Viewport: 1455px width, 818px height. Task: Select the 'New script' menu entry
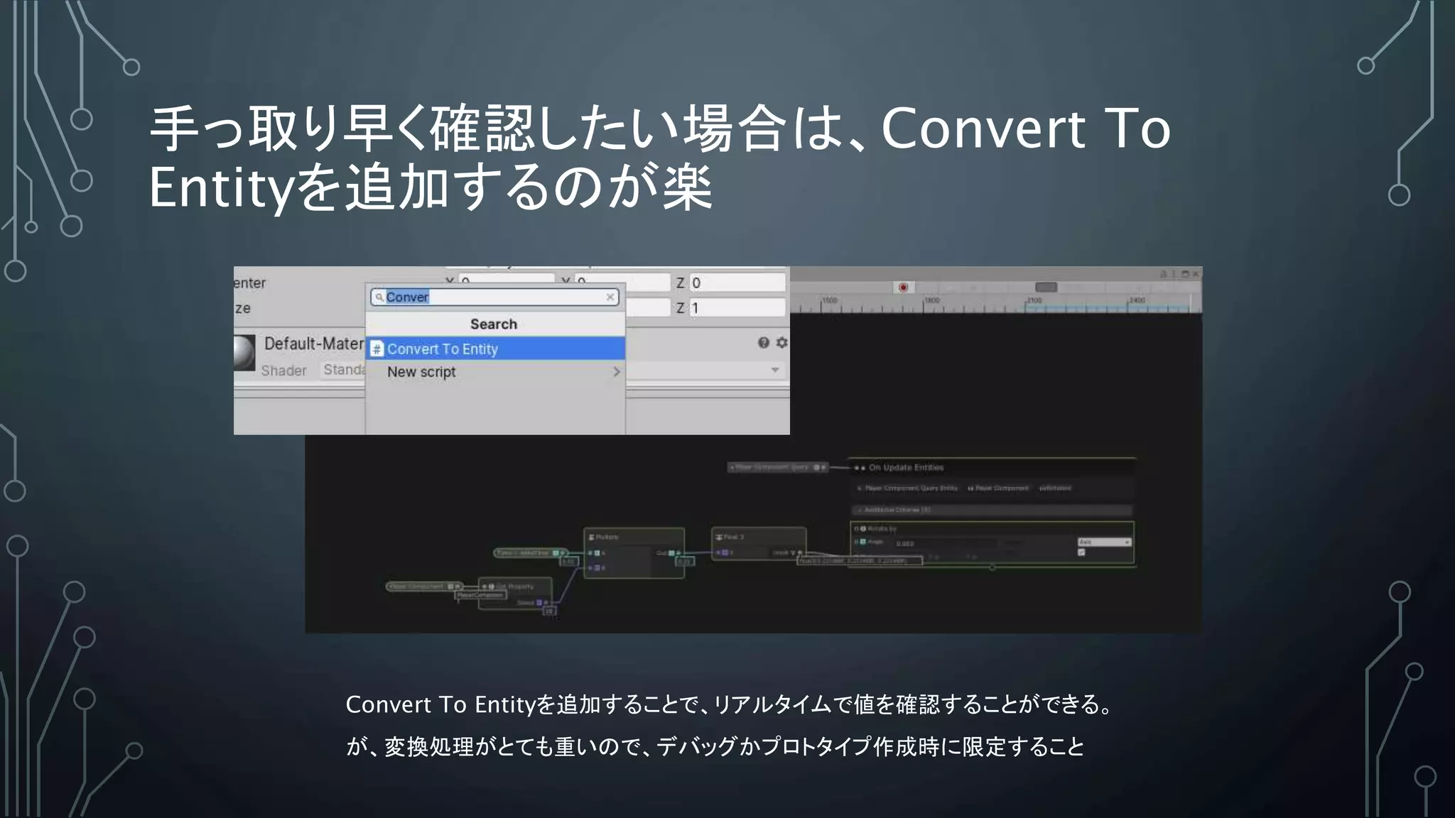click(421, 372)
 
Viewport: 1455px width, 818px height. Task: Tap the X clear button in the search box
click(610, 297)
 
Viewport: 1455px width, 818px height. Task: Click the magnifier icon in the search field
click(379, 297)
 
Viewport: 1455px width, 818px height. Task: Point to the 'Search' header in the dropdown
click(494, 324)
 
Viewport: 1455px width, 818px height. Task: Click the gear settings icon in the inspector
click(781, 343)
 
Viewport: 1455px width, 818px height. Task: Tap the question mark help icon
click(763, 343)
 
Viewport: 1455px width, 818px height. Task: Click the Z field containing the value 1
click(737, 308)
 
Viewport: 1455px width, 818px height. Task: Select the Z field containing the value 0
click(737, 283)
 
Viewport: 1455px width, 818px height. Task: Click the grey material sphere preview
click(244, 352)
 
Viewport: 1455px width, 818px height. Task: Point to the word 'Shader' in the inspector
click(283, 371)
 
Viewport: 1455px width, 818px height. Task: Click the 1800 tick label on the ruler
click(932, 300)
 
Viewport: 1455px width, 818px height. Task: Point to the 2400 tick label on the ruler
click(1137, 300)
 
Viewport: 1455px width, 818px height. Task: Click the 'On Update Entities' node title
click(906, 467)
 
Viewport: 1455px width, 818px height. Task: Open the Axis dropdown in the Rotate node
click(1104, 542)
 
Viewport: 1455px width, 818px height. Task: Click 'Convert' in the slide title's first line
click(983, 129)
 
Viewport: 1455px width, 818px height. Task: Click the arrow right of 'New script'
click(616, 372)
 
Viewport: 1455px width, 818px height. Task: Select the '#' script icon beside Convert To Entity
click(377, 349)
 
